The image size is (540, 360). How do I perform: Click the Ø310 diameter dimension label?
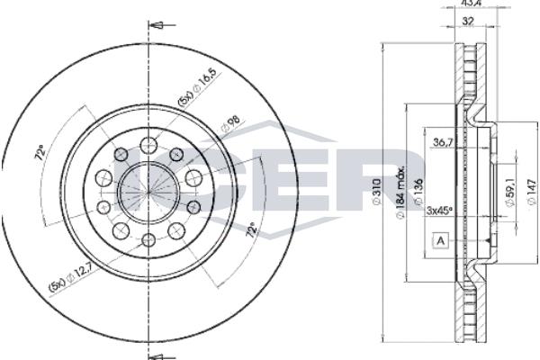pyautogui.click(x=377, y=192)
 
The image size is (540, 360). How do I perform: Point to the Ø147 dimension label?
pyautogui.click(x=533, y=193)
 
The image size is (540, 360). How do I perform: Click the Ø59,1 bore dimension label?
pyautogui.click(x=509, y=194)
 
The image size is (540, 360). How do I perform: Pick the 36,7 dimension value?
pyautogui.click(x=442, y=142)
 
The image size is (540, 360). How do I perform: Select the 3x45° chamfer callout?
pyautogui.click(x=439, y=211)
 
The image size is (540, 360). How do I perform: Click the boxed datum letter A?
pyautogui.click(x=440, y=241)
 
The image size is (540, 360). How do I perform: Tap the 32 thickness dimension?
pyautogui.click(x=467, y=21)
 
